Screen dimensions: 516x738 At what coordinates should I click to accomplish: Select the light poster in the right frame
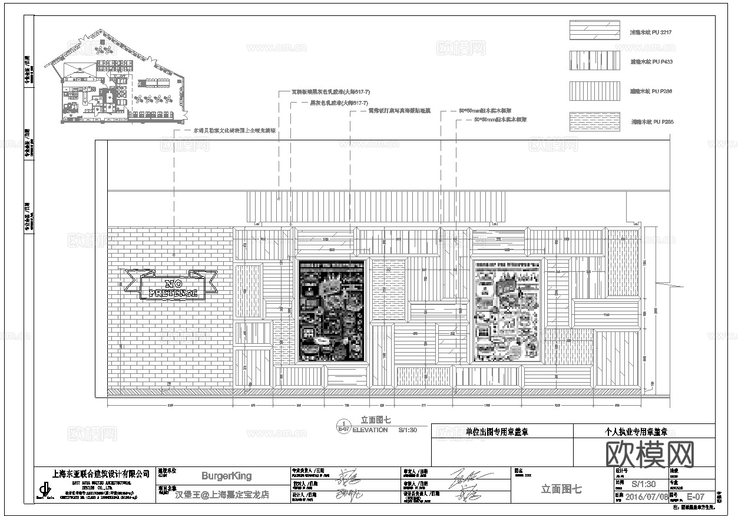pyautogui.click(x=507, y=310)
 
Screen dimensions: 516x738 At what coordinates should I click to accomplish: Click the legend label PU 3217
pyautogui.click(x=651, y=32)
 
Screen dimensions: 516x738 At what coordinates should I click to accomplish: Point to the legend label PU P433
pyautogui.click(x=651, y=61)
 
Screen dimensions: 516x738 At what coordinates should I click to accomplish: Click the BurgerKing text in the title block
pyautogui.click(x=226, y=476)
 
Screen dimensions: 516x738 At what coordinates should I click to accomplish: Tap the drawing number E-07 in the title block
pyautogui.click(x=696, y=497)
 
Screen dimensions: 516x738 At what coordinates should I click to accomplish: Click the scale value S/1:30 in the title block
pyautogui.click(x=643, y=483)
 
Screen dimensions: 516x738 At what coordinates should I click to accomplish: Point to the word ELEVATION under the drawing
pyautogui.click(x=370, y=430)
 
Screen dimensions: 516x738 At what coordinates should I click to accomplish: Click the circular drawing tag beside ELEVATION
pyautogui.click(x=343, y=426)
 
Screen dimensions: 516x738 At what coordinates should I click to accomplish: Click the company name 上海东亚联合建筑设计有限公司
pyautogui.click(x=101, y=474)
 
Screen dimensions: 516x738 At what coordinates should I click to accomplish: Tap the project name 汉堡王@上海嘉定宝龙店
pyautogui.click(x=222, y=495)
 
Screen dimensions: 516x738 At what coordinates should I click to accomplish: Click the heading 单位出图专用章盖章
pyautogui.click(x=497, y=432)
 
